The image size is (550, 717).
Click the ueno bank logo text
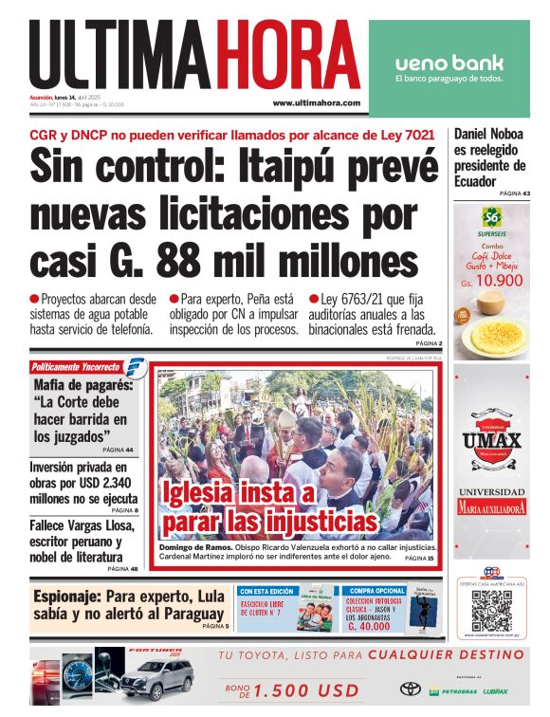[x=449, y=64]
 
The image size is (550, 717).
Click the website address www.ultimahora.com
[x=316, y=102]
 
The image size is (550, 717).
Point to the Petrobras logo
[x=454, y=691]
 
